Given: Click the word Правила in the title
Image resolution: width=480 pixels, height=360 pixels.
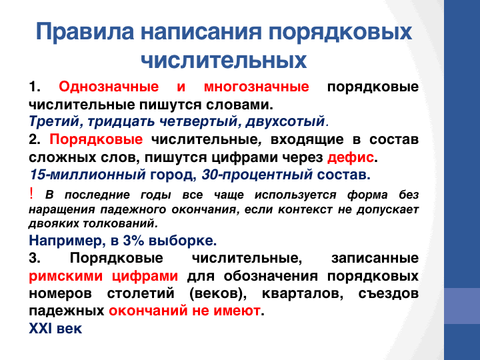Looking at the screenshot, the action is point(85,31).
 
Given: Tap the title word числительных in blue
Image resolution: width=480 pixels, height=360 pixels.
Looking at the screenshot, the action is point(224,60).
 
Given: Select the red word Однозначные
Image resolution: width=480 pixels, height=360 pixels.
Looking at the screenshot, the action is point(109,87).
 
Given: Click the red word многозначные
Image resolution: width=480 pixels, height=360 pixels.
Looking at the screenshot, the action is point(257,87).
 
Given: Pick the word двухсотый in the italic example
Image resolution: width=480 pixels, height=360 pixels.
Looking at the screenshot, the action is point(285,121).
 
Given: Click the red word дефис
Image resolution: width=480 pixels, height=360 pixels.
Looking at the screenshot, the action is point(351,157).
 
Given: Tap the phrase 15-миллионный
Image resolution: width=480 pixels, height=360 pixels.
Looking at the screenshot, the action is point(87,175).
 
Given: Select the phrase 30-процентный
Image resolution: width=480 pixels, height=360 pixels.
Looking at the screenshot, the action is point(257,175).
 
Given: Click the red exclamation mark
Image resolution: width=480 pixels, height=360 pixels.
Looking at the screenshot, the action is point(31,193).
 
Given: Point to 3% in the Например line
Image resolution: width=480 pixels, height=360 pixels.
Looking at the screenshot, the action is point(133,241).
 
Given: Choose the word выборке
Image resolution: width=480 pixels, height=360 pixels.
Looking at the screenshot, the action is point(183,241).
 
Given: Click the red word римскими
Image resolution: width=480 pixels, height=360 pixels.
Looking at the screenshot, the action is point(66,276).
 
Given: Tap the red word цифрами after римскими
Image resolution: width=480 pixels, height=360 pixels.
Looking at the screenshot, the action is point(145,276).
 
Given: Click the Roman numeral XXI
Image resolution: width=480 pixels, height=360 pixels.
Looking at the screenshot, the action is point(40,329).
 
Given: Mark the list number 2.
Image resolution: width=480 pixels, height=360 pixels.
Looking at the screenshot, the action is point(35,139).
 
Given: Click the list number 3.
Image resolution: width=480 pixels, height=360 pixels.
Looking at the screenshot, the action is point(35,258).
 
